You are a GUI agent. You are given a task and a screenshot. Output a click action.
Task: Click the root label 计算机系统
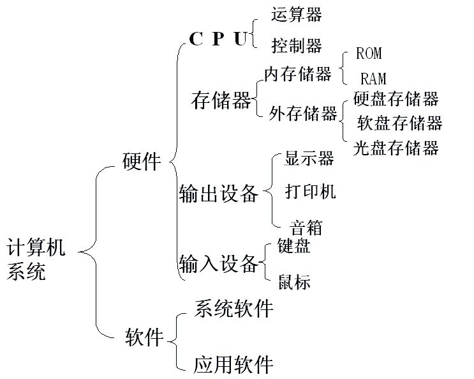[x=36, y=259]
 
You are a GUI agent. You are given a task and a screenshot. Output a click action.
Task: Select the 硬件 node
[x=142, y=161]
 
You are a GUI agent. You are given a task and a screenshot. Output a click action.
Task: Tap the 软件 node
[x=145, y=336]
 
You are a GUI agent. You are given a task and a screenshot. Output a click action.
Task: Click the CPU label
[x=218, y=40]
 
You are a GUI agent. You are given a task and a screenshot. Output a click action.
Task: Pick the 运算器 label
[x=296, y=14]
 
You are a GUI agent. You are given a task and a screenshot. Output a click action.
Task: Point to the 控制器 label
[x=296, y=45]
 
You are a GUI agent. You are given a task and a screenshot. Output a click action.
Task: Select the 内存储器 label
[x=298, y=74]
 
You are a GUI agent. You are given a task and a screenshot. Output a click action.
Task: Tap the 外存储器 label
[x=302, y=114]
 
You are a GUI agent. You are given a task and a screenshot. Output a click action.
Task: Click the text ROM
[x=369, y=54]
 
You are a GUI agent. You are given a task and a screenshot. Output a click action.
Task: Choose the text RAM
[x=373, y=79]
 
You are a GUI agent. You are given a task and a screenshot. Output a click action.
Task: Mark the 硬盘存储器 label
[x=396, y=98]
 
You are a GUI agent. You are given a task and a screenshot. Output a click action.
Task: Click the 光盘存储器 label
[x=396, y=148]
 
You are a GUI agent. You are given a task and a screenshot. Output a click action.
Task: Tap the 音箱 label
[x=306, y=228]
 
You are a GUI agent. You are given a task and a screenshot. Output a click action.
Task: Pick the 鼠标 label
[x=295, y=282]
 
